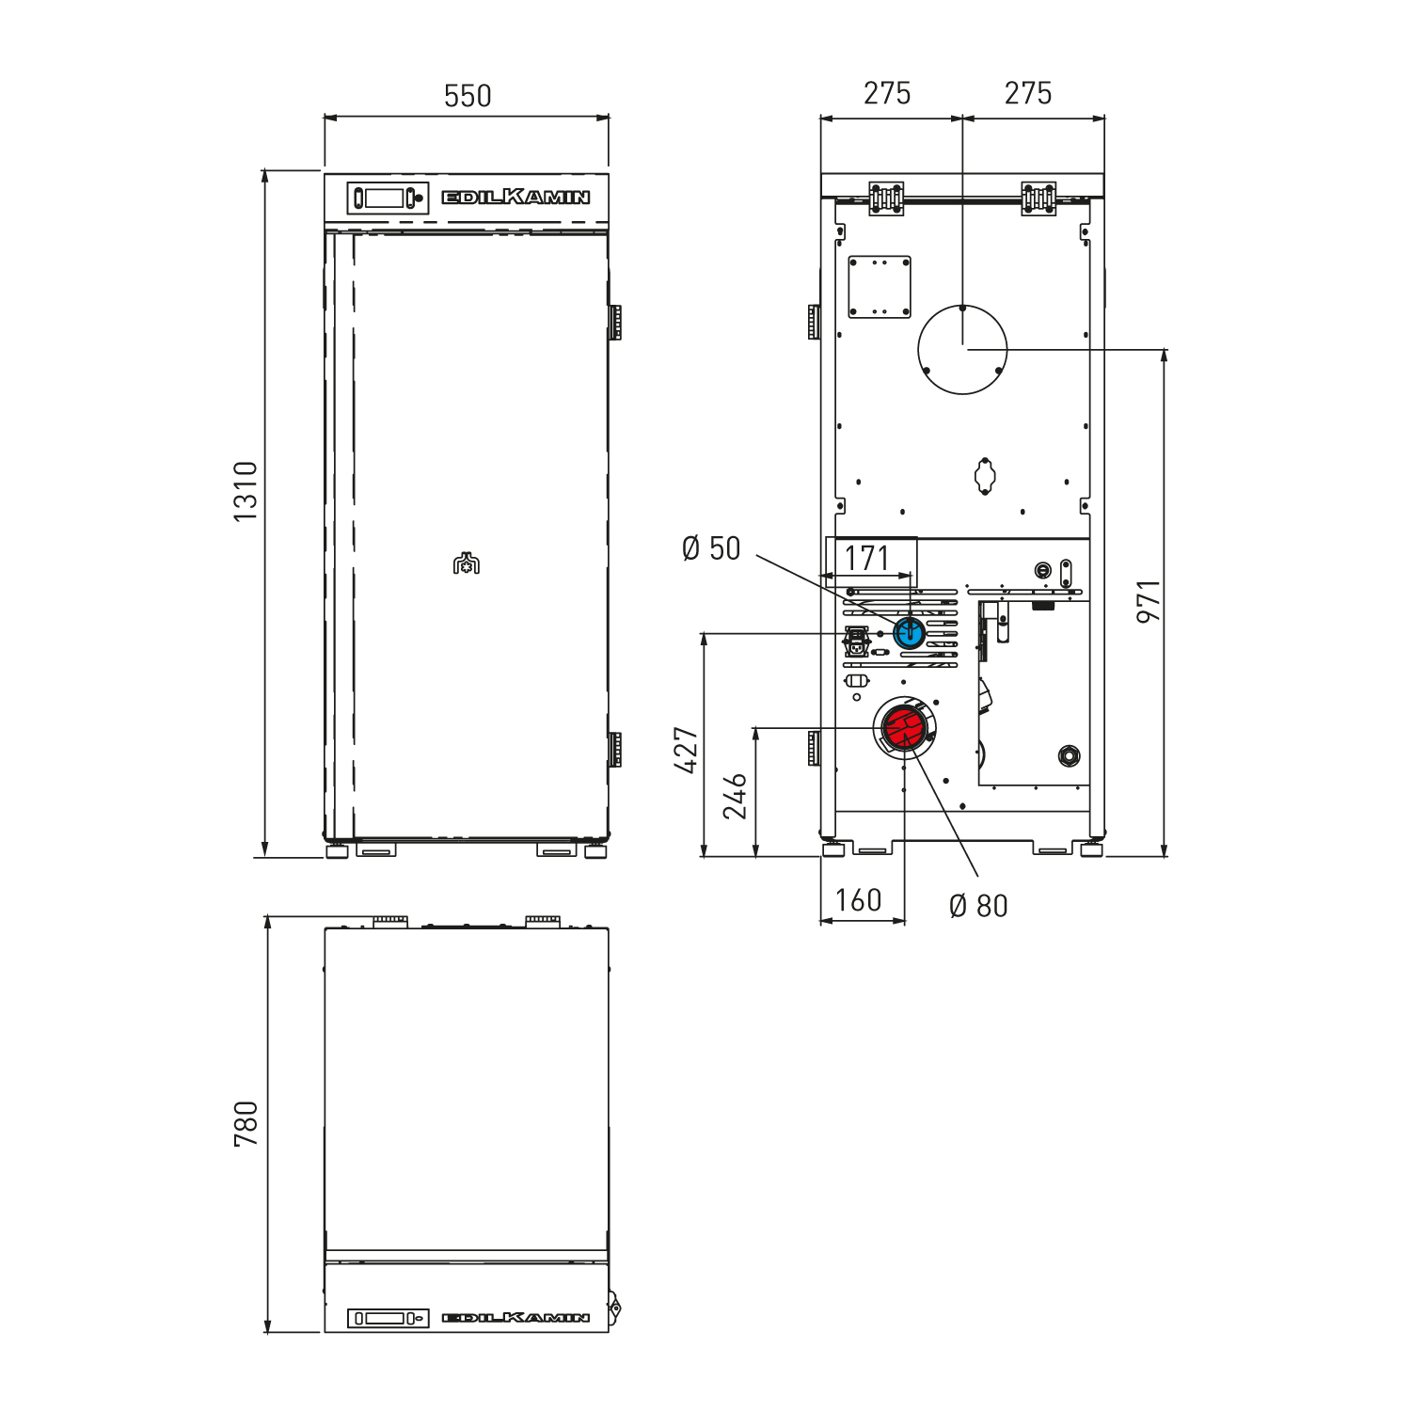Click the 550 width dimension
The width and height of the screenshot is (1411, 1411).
click(468, 96)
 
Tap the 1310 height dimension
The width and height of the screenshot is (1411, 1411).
click(246, 492)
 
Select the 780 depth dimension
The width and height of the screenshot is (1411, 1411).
click(246, 1124)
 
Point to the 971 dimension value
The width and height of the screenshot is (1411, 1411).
click(1149, 602)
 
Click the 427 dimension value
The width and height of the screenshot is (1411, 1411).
click(688, 750)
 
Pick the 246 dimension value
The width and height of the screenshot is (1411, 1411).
click(735, 796)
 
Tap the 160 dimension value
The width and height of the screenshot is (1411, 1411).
click(859, 900)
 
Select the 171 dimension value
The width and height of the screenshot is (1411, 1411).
click(866, 558)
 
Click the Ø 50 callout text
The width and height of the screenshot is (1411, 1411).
click(711, 548)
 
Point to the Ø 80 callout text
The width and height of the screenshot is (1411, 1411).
click(978, 906)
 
